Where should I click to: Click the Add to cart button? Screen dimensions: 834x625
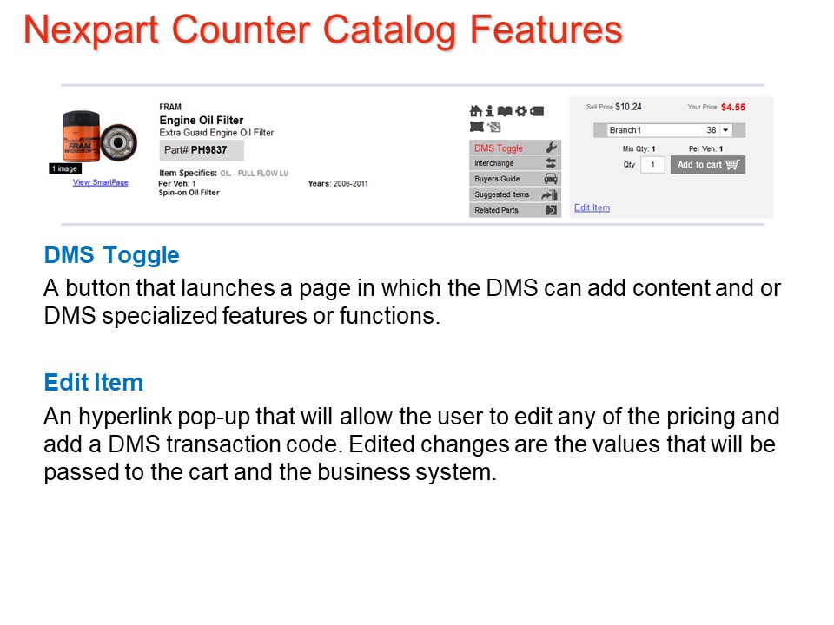[707, 165]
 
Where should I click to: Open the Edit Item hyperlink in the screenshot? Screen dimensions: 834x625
[592, 207]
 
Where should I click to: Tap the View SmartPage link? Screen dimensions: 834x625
[101, 182]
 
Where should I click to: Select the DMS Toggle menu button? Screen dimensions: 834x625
[515, 148]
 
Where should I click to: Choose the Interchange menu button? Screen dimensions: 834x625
[515, 163]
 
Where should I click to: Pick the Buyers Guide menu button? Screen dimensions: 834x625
[515, 179]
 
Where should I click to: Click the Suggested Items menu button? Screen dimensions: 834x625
[515, 194]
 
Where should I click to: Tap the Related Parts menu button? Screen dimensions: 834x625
[515, 210]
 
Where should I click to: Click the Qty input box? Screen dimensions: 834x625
[652, 165]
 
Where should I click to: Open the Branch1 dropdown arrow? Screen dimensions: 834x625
[725, 130]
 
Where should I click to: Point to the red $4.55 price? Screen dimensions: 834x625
[733, 108]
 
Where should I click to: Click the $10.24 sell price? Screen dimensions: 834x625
[628, 107]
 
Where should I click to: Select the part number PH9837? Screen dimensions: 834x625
[209, 150]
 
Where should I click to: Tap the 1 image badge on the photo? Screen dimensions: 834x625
[65, 168]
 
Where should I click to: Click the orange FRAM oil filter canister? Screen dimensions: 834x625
[81, 136]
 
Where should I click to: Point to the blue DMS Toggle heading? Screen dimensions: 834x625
[112, 255]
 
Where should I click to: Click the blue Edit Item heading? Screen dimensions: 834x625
[94, 383]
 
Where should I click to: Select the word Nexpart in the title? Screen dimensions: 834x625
[91, 30]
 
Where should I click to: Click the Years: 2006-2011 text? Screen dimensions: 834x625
[338, 184]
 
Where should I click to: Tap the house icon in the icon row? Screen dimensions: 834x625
[476, 111]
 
